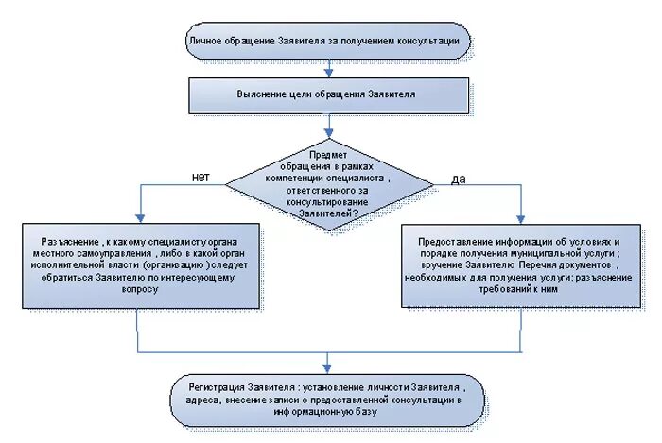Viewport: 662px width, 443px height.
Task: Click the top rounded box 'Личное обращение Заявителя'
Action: [325, 42]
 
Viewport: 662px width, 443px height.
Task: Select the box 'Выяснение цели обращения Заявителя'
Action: [325, 95]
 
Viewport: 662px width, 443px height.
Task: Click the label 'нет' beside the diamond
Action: [200, 177]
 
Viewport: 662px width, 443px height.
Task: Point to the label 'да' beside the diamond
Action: [458, 179]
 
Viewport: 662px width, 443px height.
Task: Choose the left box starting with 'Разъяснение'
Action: [140, 265]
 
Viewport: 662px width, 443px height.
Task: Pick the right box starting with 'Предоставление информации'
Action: [519, 265]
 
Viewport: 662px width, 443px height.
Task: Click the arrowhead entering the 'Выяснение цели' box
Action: [327, 73]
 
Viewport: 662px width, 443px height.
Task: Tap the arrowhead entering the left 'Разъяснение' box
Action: [140, 218]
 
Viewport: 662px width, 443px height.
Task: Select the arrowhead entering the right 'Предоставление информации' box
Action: [519, 218]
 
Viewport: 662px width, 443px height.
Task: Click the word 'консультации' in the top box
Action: [427, 42]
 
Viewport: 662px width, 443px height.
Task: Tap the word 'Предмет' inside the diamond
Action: [328, 153]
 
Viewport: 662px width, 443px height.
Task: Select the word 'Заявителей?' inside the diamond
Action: [328, 213]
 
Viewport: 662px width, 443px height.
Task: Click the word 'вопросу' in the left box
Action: [140, 290]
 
